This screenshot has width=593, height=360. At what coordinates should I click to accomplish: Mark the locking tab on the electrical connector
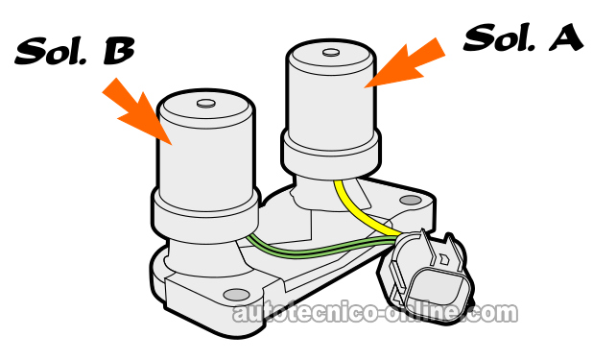(x=441, y=252)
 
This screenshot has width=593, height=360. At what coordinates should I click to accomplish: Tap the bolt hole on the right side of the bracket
(x=410, y=202)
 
